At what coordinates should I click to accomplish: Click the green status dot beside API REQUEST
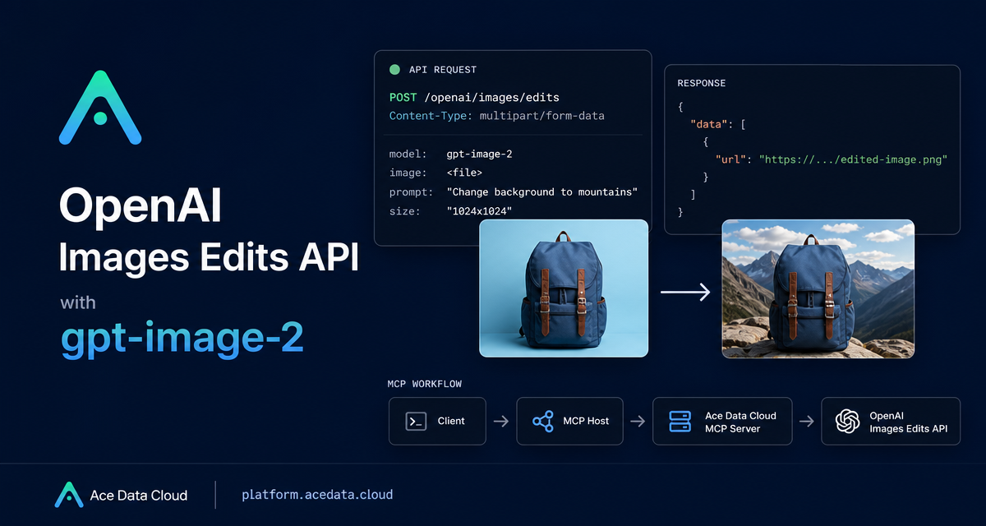[x=395, y=70]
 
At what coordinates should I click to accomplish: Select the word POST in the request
[x=403, y=97]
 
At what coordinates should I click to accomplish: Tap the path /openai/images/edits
[x=491, y=97]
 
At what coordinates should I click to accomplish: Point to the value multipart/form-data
[x=541, y=116]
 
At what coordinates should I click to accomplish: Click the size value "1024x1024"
[x=479, y=211]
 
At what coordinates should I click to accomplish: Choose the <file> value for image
[x=464, y=173]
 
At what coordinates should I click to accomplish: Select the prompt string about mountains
[x=541, y=192]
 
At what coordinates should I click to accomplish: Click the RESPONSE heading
[x=701, y=83]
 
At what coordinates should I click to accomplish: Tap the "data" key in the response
[x=708, y=124]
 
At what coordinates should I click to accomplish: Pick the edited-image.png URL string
[x=853, y=159]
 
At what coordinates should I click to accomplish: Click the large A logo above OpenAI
[x=100, y=108]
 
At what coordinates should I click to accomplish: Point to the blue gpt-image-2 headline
[x=182, y=338]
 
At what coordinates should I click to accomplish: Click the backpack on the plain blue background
[x=563, y=289]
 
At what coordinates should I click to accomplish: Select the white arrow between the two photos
[x=685, y=292]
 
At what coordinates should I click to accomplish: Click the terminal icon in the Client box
[x=416, y=422]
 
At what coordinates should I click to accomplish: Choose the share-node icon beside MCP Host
[x=543, y=422]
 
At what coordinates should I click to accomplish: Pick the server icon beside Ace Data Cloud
[x=680, y=422]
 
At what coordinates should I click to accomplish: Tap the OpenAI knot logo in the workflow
[x=847, y=422]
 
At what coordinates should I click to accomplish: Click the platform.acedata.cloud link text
[x=317, y=495]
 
